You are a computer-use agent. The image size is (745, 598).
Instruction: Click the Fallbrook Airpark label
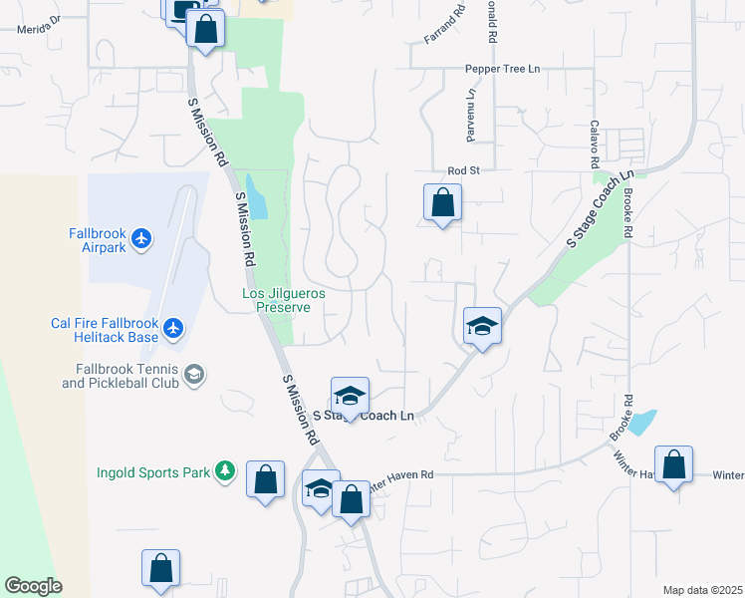[x=98, y=239]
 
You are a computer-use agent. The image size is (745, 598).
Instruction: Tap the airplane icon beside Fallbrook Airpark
[x=141, y=238]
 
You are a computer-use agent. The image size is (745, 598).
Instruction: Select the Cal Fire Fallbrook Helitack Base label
[x=105, y=329]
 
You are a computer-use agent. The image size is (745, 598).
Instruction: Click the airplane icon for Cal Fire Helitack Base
[x=174, y=327]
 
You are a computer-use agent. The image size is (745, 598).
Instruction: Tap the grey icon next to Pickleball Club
[x=194, y=375]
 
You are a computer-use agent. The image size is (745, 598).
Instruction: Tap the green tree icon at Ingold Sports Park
[x=226, y=470]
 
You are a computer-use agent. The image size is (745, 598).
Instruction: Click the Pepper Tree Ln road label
[x=502, y=69]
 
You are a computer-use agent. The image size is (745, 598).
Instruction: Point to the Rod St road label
[x=463, y=170]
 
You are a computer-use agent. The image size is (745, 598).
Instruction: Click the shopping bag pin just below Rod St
[x=442, y=203]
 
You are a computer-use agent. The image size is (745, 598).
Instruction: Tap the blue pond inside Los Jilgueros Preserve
[x=257, y=197]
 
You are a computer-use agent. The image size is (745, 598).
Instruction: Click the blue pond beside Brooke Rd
[x=643, y=423]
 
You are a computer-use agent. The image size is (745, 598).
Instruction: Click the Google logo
[x=33, y=586]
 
